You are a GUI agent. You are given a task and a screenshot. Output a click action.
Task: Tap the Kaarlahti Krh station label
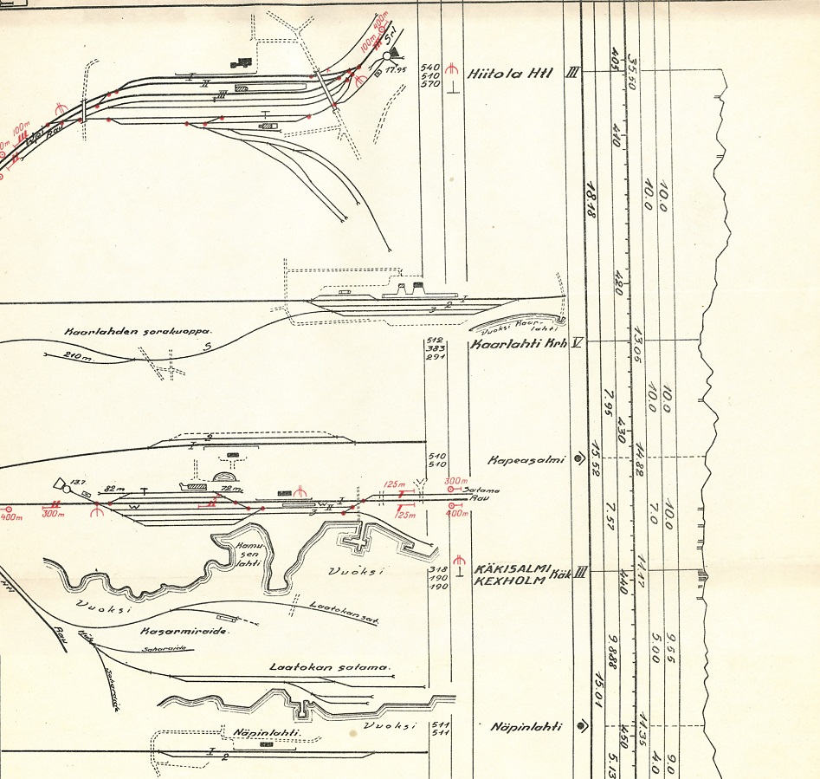click(517, 343)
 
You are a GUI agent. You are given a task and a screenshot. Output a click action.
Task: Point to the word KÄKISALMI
click(512, 568)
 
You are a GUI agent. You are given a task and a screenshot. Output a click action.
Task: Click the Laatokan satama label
click(330, 667)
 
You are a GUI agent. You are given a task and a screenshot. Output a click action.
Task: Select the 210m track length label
click(79, 354)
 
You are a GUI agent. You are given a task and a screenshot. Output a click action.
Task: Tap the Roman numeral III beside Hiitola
click(571, 73)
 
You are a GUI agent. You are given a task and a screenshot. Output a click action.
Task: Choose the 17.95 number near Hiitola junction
click(397, 68)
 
